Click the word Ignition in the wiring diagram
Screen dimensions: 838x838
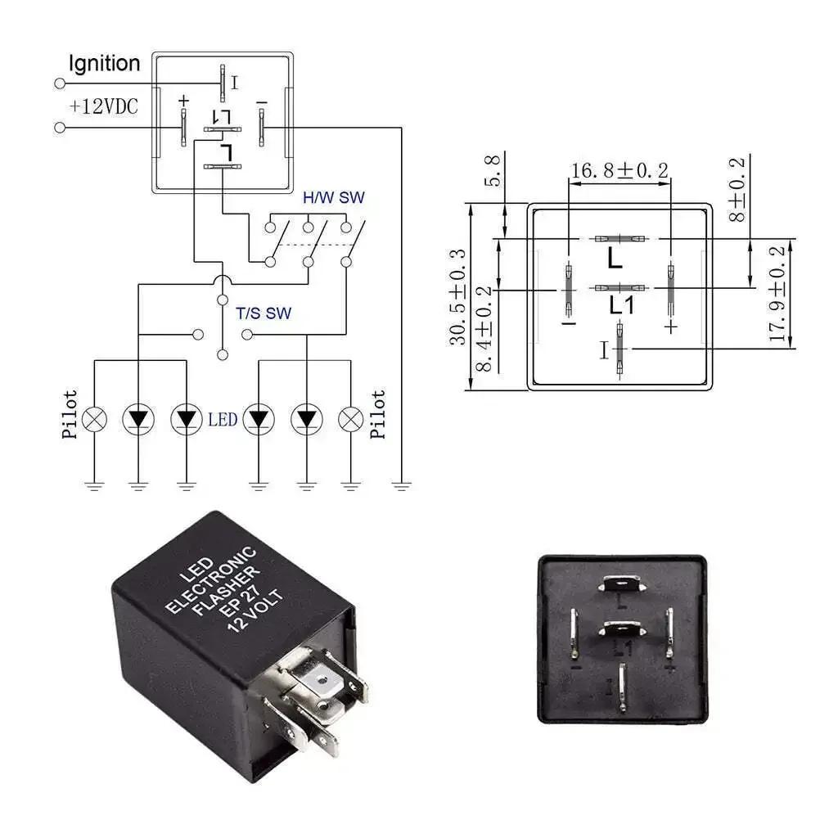pos(104,63)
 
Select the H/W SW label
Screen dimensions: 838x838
pos(333,197)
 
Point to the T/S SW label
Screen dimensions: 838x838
pos(264,313)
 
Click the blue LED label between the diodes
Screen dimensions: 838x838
pos(222,419)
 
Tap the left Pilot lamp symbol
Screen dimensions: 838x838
pos(96,419)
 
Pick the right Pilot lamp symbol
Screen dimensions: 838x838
pos(351,419)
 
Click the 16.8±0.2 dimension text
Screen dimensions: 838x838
pos(619,170)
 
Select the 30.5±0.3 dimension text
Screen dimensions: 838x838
pos(458,296)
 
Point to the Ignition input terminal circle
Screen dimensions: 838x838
pos(59,83)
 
